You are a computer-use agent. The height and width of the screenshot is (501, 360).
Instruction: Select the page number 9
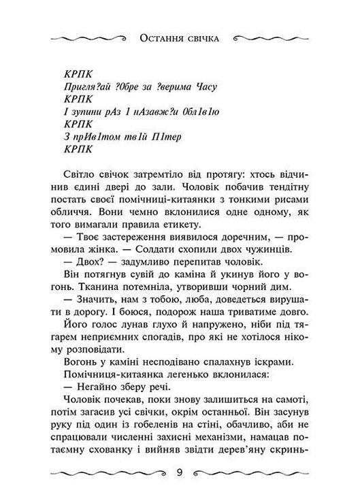(180, 471)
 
